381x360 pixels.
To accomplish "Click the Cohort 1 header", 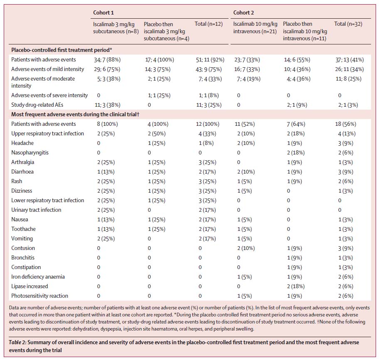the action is (103, 12).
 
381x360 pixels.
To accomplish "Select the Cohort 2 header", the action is (243, 12).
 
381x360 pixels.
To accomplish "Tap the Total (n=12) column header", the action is (209, 24).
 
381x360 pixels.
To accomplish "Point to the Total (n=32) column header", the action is (348, 24).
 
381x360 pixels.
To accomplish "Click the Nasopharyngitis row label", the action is (30, 153).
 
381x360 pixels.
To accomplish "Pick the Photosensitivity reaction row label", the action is (39, 296).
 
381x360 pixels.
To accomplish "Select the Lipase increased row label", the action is (29, 287).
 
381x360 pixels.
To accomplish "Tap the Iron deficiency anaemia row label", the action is (38, 277).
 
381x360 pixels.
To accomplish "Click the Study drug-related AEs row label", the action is (37, 105).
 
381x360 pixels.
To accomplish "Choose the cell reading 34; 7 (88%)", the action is (107, 60).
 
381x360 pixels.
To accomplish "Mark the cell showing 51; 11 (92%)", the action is (210, 60).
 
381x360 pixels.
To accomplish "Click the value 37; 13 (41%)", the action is (350, 60).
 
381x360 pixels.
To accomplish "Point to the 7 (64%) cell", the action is (296, 124).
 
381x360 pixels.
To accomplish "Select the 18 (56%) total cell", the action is (346, 124).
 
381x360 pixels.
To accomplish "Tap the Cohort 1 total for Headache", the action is (206, 143).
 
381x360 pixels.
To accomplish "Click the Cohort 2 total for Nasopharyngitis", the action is (346, 153).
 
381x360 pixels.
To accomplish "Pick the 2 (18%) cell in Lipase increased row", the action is (296, 287).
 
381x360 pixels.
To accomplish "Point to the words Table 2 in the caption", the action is (18, 342).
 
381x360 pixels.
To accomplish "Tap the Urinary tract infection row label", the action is (36, 210).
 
